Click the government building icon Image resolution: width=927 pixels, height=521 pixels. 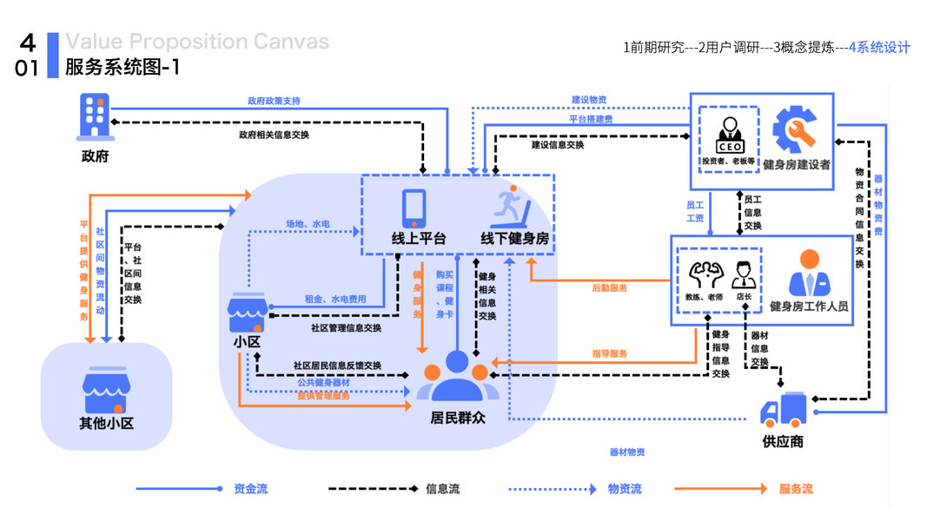(x=95, y=116)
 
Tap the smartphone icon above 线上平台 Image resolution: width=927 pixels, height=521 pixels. (x=414, y=208)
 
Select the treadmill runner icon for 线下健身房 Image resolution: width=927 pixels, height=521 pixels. (x=513, y=206)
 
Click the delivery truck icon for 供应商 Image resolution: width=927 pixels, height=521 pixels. (x=784, y=409)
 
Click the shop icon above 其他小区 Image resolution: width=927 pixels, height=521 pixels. (x=105, y=392)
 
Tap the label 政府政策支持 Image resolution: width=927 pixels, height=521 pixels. (x=275, y=102)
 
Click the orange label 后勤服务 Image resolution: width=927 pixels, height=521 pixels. (x=609, y=287)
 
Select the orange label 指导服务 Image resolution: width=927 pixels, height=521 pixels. (x=609, y=353)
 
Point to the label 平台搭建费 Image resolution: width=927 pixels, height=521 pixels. (x=591, y=118)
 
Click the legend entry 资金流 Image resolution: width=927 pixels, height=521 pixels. (x=251, y=490)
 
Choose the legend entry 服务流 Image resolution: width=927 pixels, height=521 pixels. (x=796, y=490)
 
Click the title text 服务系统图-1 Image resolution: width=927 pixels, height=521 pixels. (x=122, y=67)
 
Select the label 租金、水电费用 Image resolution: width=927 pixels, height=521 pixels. (x=335, y=299)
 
